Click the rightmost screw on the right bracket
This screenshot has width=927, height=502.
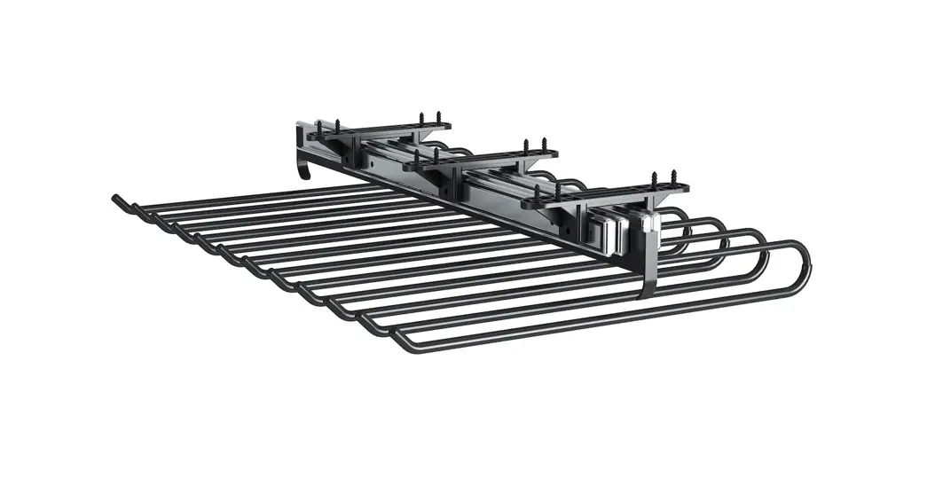pyautogui.click(x=672, y=180)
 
